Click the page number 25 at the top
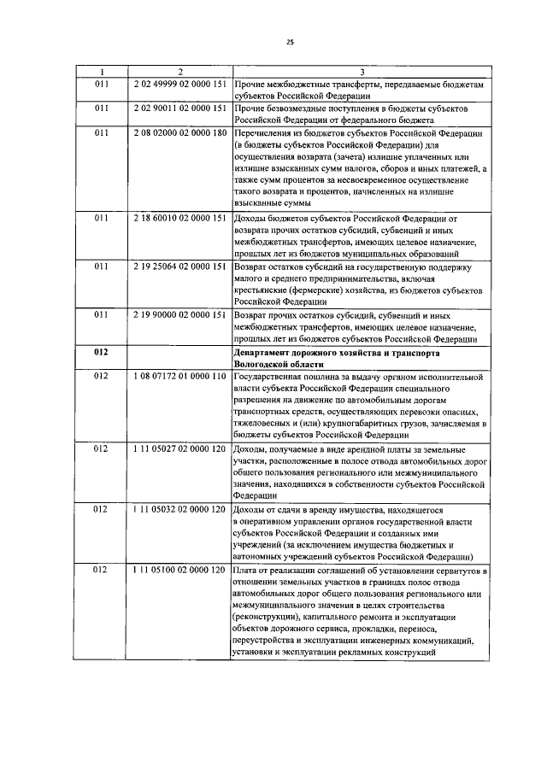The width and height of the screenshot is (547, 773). tap(289, 38)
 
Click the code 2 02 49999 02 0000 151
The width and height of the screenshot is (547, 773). tap(179, 86)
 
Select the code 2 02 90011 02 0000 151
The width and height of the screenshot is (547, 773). tap(179, 109)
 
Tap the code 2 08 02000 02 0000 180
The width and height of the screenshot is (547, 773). tap(179, 133)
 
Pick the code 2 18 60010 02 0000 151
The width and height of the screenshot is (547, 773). tap(179, 218)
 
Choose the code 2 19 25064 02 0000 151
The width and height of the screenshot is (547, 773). tap(179, 266)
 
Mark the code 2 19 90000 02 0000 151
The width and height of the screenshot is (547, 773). tap(179, 315)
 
